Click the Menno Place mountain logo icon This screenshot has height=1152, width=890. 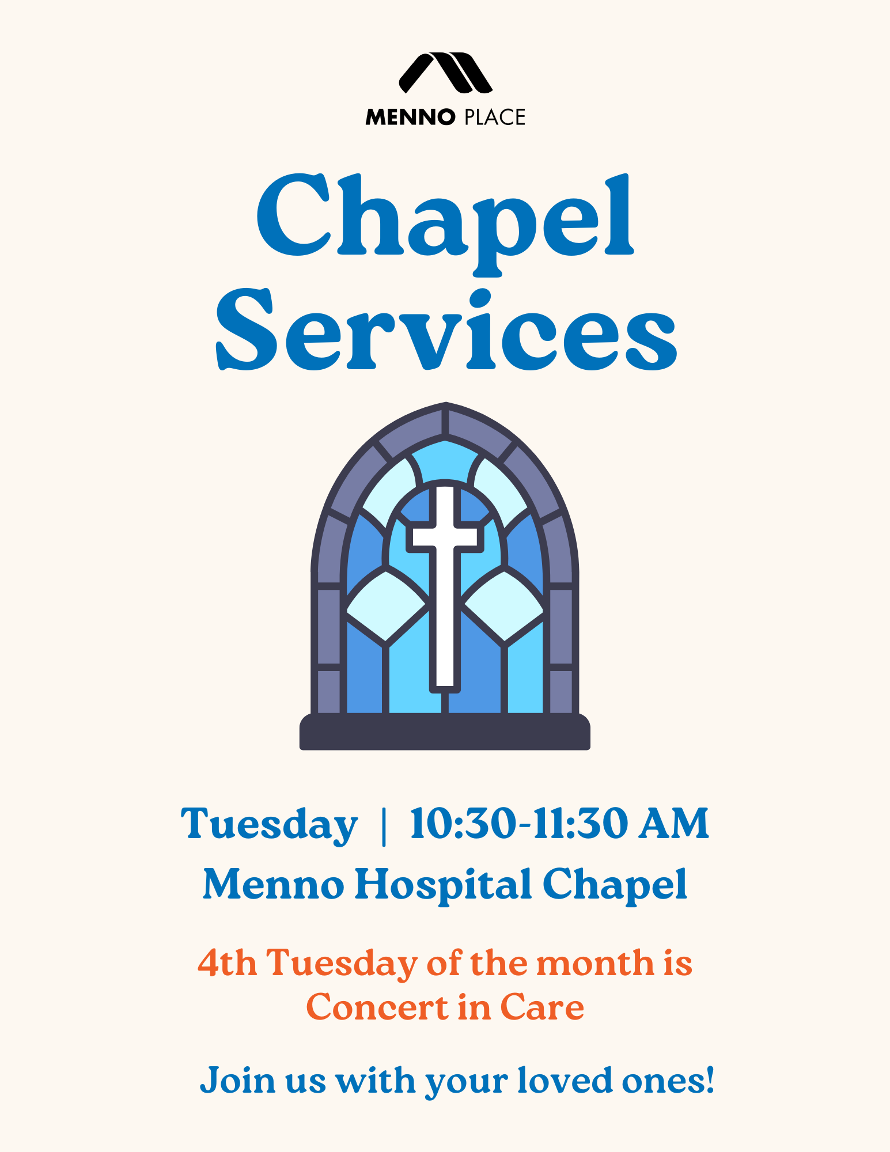[x=445, y=73]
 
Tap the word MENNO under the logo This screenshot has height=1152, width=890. [x=411, y=118]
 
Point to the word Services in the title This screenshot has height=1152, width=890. [x=446, y=331]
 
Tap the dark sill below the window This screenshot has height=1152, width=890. [x=445, y=732]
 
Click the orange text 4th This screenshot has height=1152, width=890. [x=227, y=962]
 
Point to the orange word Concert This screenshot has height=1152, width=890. [x=377, y=1007]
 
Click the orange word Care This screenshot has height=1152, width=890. [x=542, y=1007]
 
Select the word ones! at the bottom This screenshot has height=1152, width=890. [x=668, y=1081]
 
